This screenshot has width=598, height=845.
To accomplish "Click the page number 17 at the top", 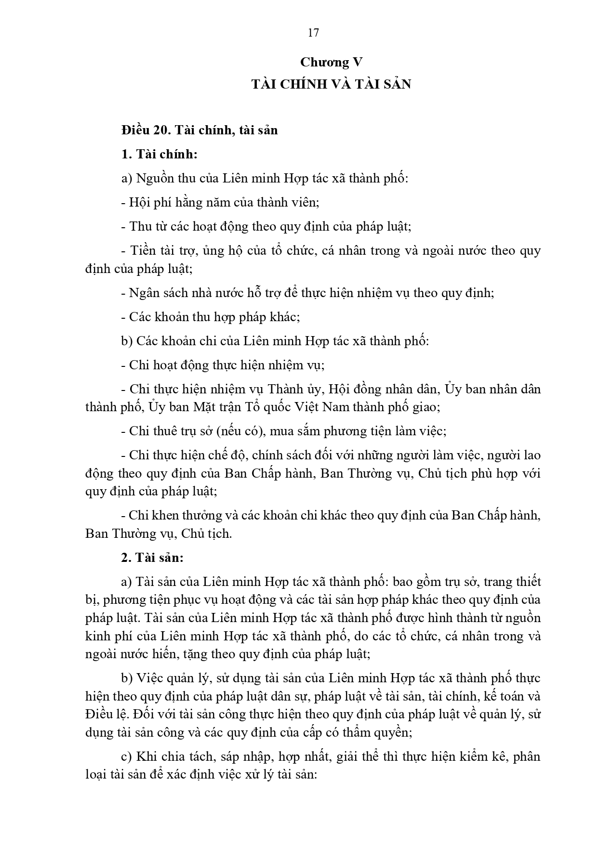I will click(x=313, y=33).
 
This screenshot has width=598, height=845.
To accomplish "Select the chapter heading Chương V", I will click(x=331, y=62).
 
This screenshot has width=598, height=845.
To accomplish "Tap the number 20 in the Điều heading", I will click(x=162, y=130).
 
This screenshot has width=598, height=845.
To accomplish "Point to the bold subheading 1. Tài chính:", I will click(x=159, y=154).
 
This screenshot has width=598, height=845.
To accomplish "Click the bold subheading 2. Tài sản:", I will click(x=152, y=558).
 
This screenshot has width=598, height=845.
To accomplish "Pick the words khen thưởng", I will click(x=174, y=515).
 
